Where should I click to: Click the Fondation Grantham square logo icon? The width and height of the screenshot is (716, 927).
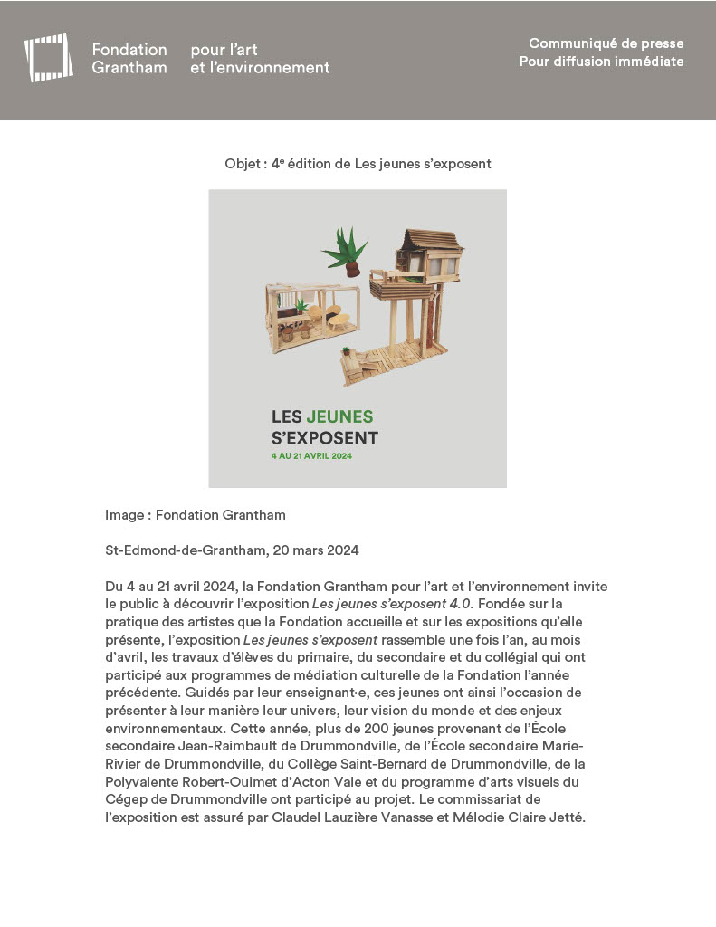[48, 58]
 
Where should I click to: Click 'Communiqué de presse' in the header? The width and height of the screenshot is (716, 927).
[606, 43]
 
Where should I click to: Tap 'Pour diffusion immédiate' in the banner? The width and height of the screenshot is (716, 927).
[601, 62]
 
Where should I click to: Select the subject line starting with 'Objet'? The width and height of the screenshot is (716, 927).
[358, 164]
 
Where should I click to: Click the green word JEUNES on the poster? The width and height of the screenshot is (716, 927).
[339, 417]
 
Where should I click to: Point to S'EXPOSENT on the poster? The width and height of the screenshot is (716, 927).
[325, 438]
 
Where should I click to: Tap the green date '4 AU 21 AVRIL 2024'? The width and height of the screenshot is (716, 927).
[311, 456]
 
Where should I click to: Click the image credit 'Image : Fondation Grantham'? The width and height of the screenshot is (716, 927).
[195, 515]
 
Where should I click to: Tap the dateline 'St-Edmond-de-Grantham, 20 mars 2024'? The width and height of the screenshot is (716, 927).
[232, 550]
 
